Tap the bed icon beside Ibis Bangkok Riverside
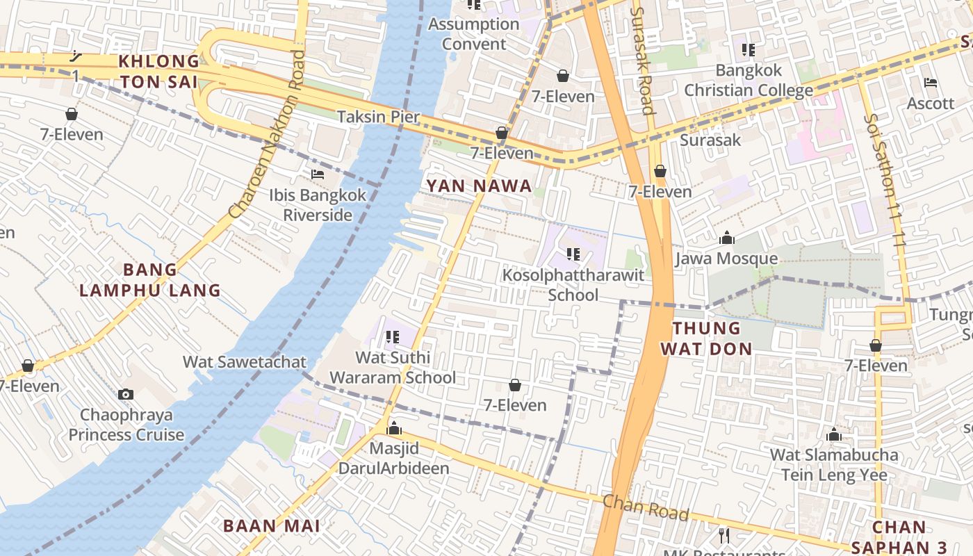tap(318, 174)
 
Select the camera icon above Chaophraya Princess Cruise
tap(126, 394)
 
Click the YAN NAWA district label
tap(479, 186)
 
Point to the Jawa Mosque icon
tap(727, 238)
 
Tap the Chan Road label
tap(645, 507)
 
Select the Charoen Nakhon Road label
tap(268, 133)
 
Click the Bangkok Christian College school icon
tap(748, 50)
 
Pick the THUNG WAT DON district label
tap(706, 338)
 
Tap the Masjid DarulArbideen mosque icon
tap(394, 428)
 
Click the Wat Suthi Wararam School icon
tap(392, 337)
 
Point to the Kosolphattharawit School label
tap(573, 285)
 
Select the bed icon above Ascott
tap(931, 83)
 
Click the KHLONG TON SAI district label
tap(159, 72)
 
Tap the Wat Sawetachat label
tap(244, 362)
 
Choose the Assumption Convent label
tap(474, 34)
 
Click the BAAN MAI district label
tap(271, 526)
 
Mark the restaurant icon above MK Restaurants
tap(724, 535)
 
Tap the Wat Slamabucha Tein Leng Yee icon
tap(834, 436)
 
